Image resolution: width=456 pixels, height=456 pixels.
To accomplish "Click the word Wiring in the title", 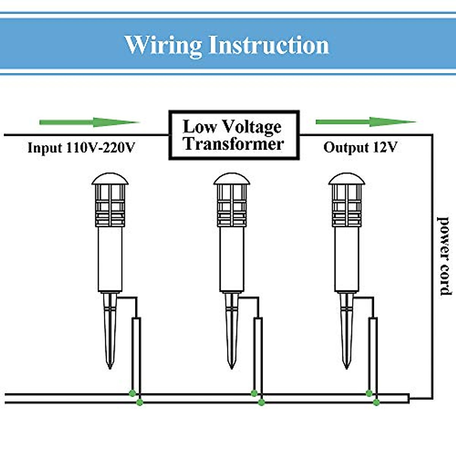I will tap(163, 45).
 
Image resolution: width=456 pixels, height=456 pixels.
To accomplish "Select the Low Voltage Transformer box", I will tap(234, 135).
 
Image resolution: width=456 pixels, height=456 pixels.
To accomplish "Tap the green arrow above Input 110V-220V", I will tap(89, 122).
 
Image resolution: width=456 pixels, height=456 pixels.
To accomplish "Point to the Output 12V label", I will tap(360, 147).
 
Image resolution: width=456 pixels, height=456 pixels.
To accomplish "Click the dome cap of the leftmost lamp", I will tap(110, 179).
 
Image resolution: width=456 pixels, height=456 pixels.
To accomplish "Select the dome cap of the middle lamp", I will tap(232, 179).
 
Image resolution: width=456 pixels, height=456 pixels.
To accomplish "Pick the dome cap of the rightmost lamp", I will tap(347, 179).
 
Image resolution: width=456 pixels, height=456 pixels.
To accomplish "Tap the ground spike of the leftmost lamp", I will tap(109, 331).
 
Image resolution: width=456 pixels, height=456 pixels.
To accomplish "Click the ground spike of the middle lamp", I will tap(231, 331).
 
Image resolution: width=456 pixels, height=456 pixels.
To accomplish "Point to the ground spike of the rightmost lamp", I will tap(346, 331).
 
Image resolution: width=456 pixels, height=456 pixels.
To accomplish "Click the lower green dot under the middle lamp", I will tap(261, 402).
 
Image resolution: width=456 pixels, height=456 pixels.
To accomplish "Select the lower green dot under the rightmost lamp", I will tap(376, 402).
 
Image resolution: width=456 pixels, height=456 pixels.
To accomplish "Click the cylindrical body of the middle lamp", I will tap(232, 258).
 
